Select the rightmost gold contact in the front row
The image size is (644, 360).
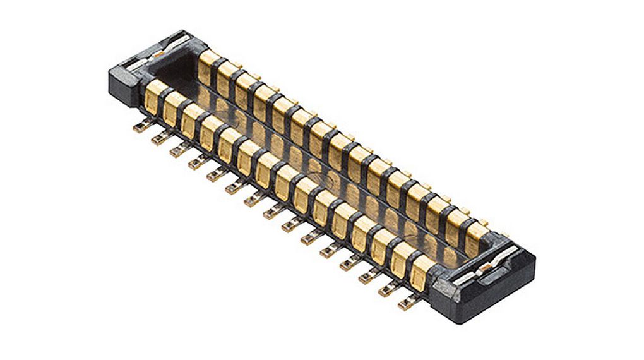tap(420, 270)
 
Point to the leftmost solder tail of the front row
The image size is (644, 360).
tap(140, 127)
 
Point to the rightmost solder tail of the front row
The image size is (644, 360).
tap(407, 303)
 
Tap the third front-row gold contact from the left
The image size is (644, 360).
tap(192, 119)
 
